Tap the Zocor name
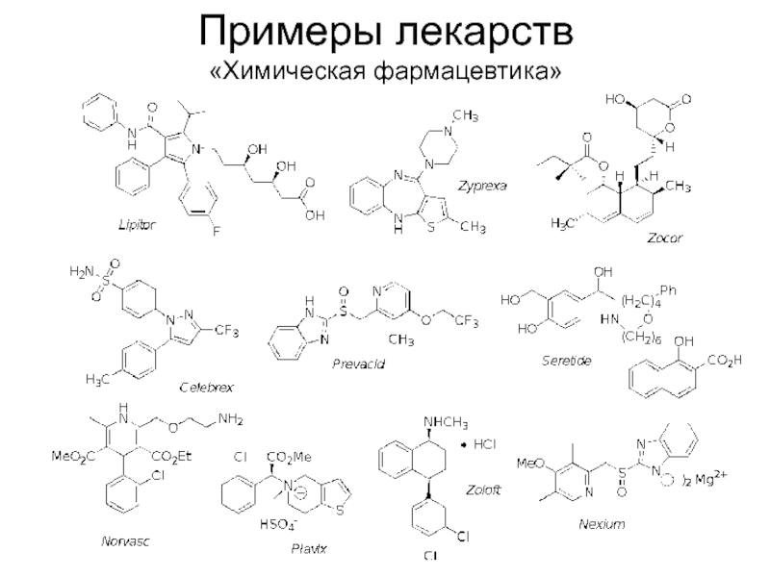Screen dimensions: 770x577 click(x=664, y=238)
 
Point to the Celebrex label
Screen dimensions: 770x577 click(x=208, y=386)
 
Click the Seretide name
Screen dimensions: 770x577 click(x=566, y=360)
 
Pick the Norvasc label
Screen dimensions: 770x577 click(x=127, y=542)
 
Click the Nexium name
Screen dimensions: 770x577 click(x=602, y=524)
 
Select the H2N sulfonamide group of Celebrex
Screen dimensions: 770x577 click(x=83, y=272)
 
